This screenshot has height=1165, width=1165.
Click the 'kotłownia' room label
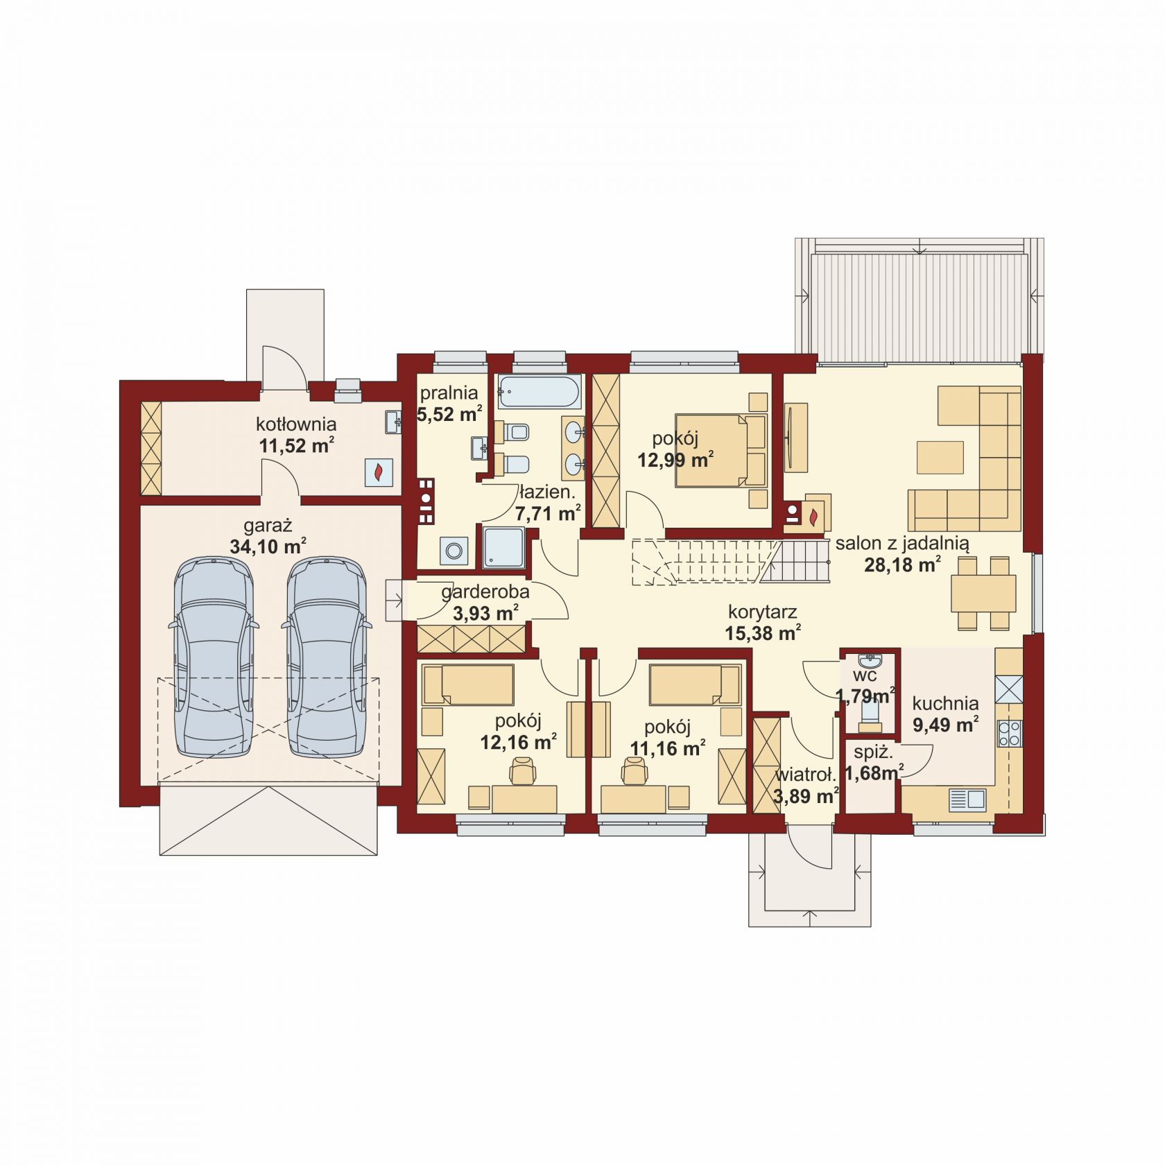pos(296,424)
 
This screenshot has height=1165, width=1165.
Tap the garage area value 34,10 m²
pos(268,546)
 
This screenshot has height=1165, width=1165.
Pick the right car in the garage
pos(326,657)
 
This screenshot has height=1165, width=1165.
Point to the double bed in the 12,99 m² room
pos(720,450)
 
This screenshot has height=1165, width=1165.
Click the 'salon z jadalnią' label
pos(902,543)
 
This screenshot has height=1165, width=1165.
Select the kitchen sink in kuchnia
pos(967,800)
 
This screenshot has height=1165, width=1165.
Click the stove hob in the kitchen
pos(1009,734)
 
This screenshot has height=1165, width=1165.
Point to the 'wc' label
pos(865,675)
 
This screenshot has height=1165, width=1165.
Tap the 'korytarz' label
pos(762,612)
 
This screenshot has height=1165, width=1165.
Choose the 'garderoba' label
pos(485,592)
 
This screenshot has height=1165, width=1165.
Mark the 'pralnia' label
pos(449,393)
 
